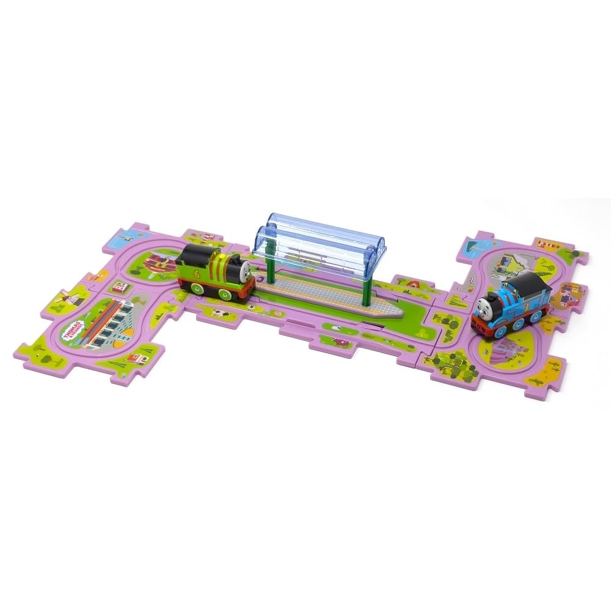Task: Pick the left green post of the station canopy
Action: tap(268, 267)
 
